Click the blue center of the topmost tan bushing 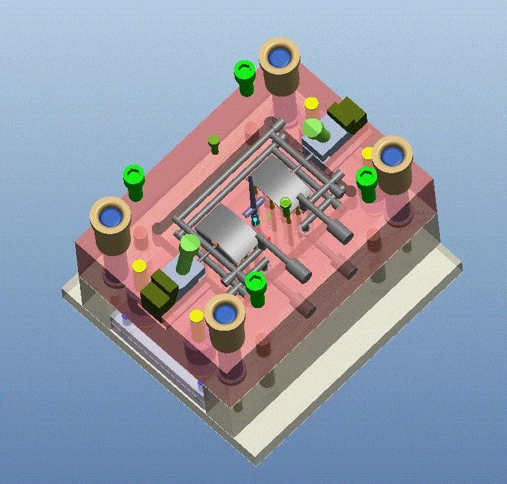point(278,58)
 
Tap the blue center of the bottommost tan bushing point(224,314)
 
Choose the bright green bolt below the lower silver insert point(255,284)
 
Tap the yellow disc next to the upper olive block point(311,103)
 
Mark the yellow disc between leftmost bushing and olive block point(139,266)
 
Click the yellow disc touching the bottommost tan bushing point(196,316)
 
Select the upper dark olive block point(348,114)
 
